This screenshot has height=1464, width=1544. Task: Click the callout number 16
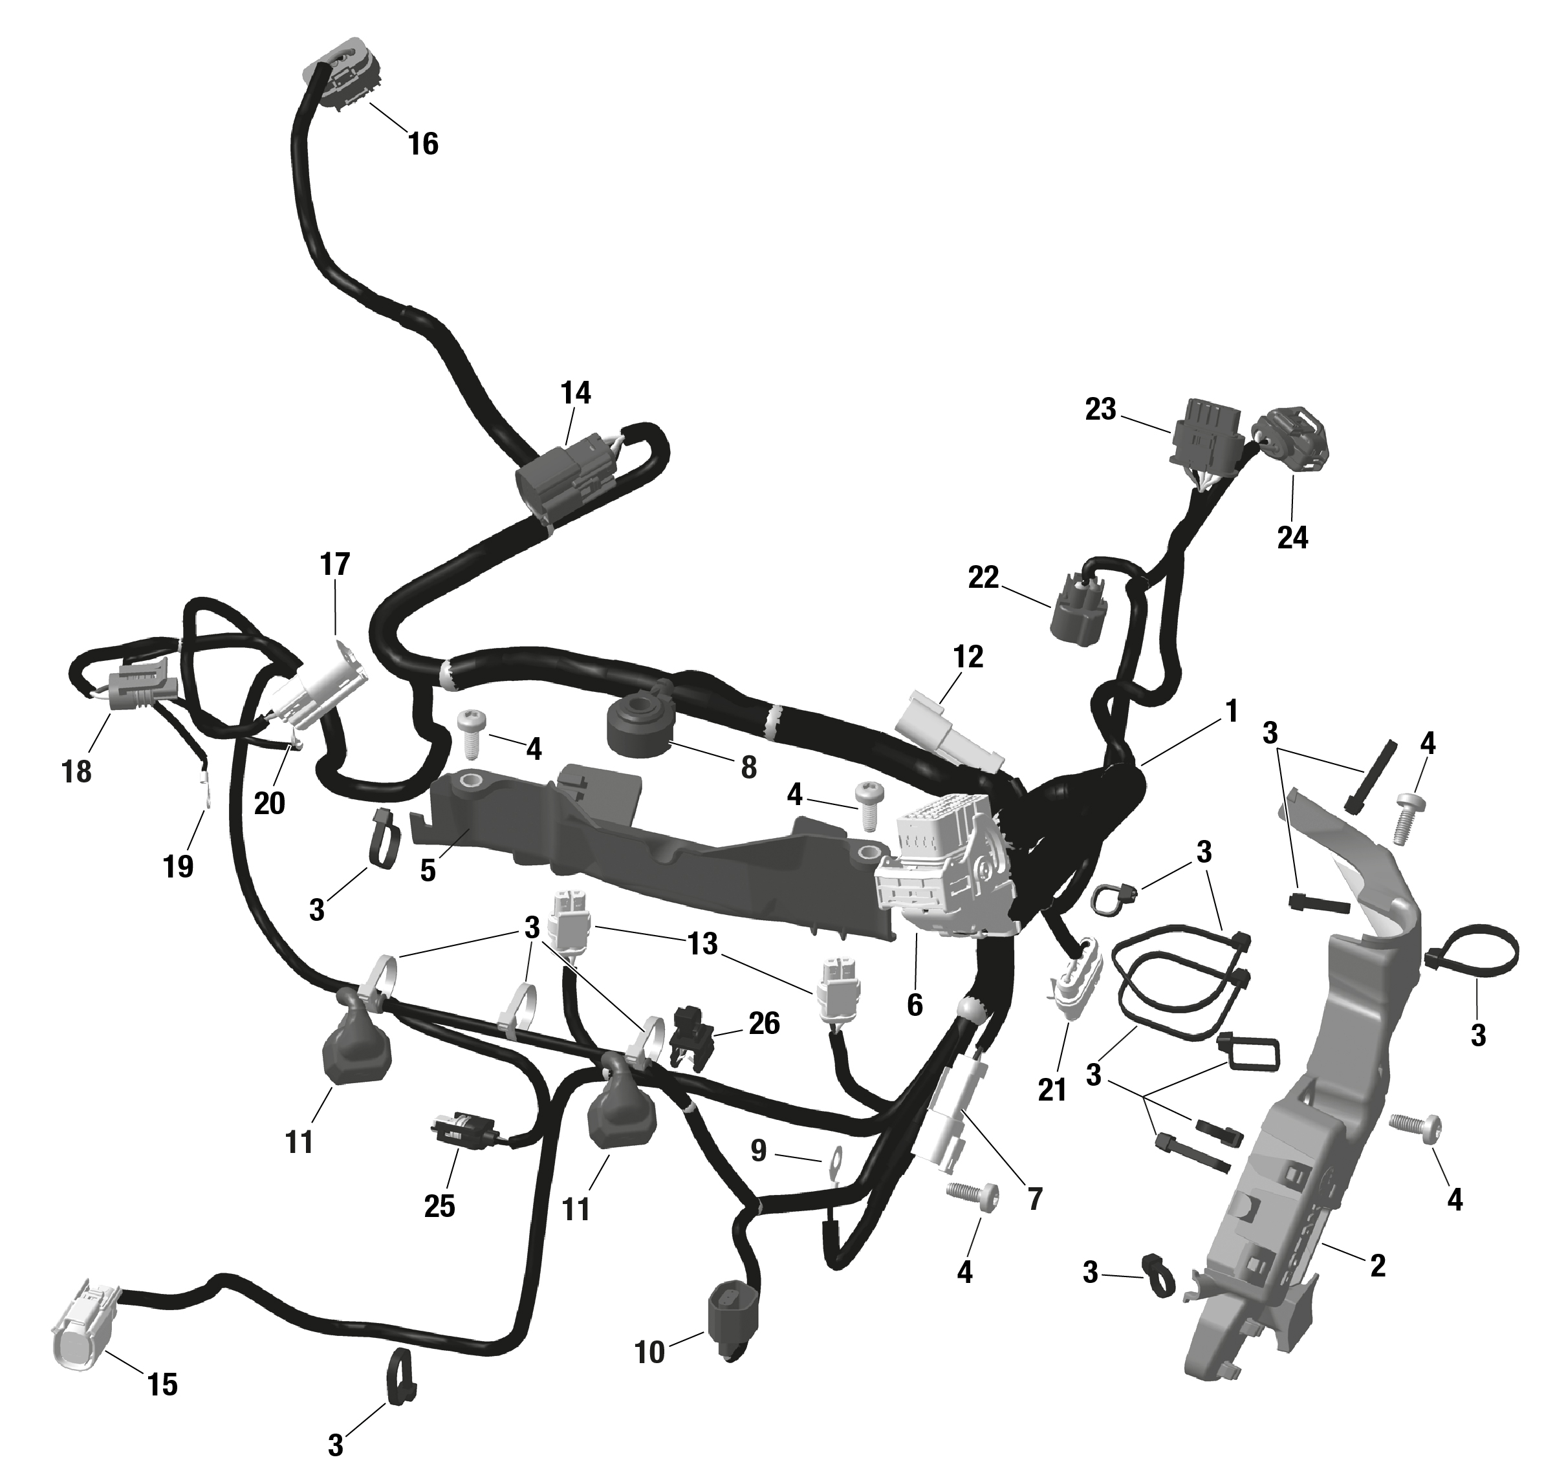423,144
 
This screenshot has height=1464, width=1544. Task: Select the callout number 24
1292,538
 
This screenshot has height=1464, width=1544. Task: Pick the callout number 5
427,871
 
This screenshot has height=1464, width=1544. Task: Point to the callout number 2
1378,1265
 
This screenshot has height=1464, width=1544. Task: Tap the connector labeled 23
1204,442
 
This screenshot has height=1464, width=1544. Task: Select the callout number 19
178,865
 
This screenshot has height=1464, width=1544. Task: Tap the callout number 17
335,563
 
